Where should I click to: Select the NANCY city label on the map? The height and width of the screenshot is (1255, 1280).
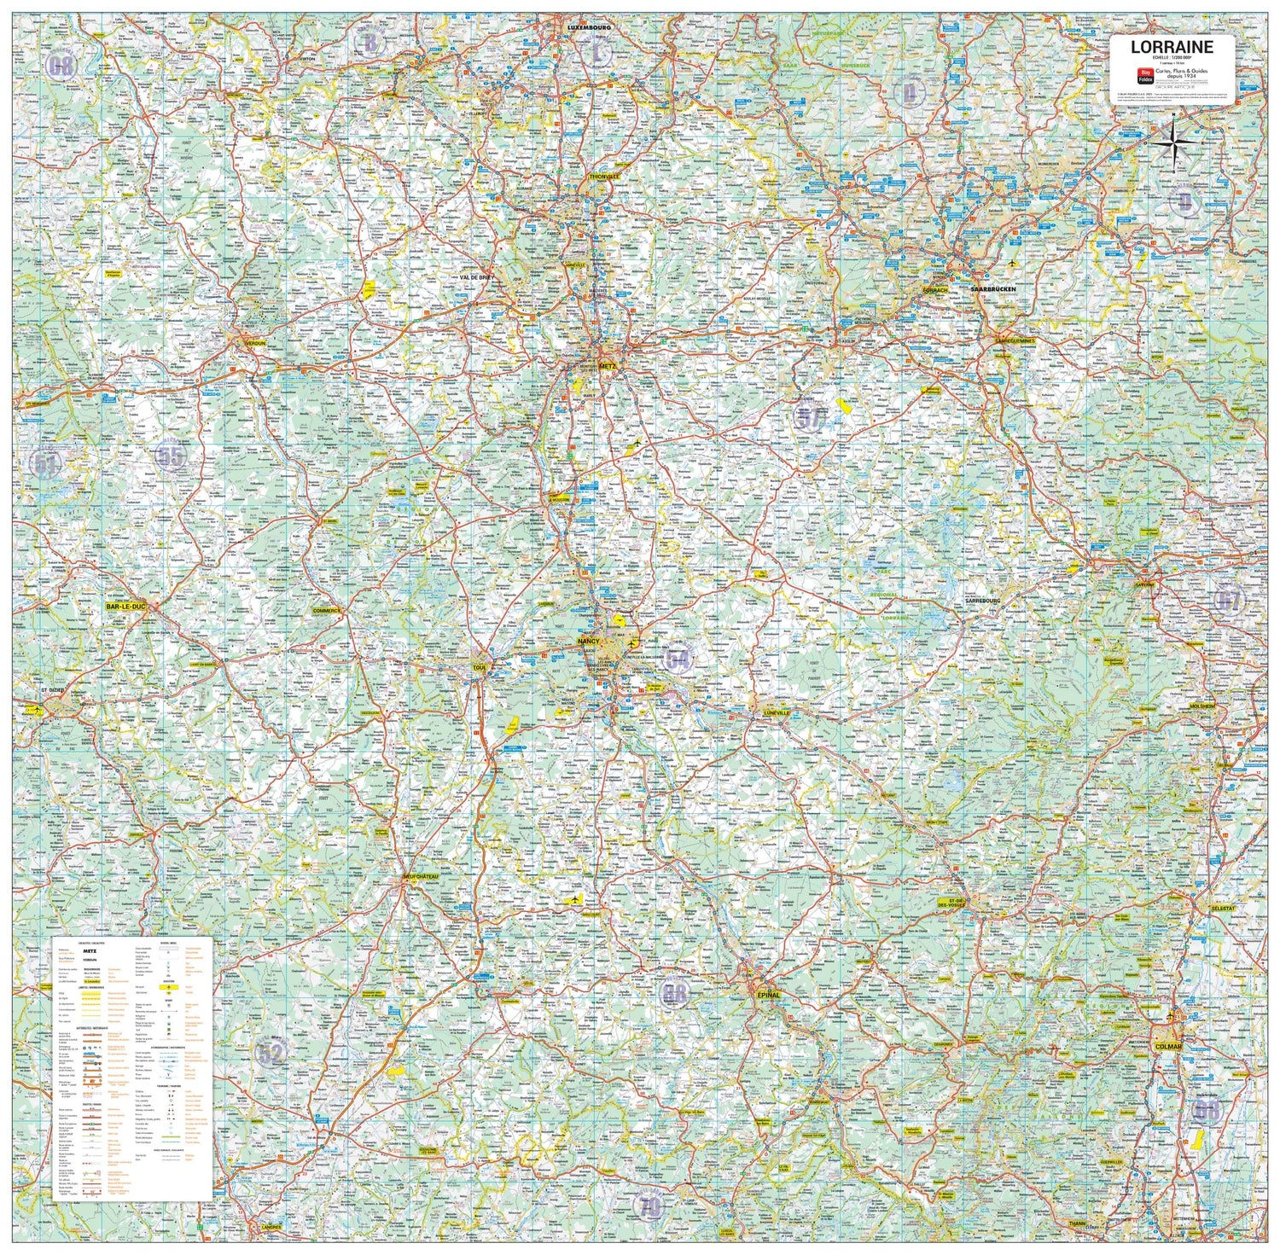(x=589, y=640)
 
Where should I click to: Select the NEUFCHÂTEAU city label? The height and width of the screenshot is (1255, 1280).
(x=420, y=876)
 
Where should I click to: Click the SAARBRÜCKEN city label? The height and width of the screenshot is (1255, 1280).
(x=993, y=290)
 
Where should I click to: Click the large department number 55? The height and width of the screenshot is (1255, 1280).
(x=171, y=456)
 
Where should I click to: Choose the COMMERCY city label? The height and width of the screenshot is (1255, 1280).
(x=327, y=611)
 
